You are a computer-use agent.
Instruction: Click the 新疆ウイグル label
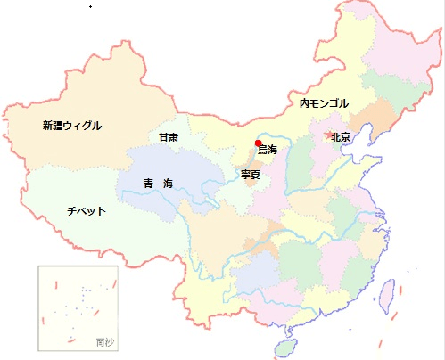(72, 126)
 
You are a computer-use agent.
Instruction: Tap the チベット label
(87, 211)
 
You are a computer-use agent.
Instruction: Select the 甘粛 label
(169, 137)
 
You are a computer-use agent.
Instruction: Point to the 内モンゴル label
(324, 104)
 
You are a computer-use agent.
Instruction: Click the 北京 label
(340, 137)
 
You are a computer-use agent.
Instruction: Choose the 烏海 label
(268, 150)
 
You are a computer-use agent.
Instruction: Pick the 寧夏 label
(251, 175)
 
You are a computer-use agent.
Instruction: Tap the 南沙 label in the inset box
(104, 341)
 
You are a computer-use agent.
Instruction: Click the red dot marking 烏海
(258, 143)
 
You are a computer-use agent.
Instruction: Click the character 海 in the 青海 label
(168, 184)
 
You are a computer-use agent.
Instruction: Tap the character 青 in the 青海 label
(148, 184)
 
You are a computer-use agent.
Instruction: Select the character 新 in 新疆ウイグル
(47, 126)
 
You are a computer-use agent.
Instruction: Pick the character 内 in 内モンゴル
(304, 104)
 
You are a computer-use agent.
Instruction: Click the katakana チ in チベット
(71, 211)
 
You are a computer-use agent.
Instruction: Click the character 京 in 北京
(345, 137)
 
